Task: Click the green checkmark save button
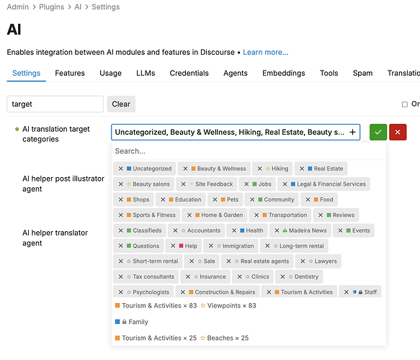(x=378, y=132)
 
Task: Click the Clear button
(x=121, y=104)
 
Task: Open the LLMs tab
(x=146, y=73)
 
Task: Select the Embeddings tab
(x=283, y=73)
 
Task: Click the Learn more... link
(x=265, y=52)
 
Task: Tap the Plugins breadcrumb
(x=51, y=7)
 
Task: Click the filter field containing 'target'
(x=55, y=104)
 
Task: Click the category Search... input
(x=249, y=151)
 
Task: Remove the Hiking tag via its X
(x=259, y=168)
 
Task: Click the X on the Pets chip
(x=215, y=199)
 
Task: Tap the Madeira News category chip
(x=300, y=230)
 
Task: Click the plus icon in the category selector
(x=352, y=132)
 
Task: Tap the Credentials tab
(x=189, y=73)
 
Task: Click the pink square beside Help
(x=181, y=246)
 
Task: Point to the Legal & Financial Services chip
(x=324, y=184)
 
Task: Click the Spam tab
(x=362, y=73)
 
